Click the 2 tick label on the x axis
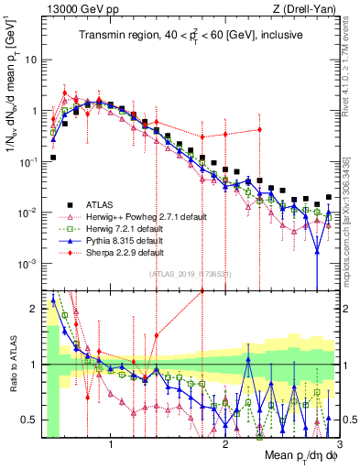coord(225,442)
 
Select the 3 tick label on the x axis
coord(338,442)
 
